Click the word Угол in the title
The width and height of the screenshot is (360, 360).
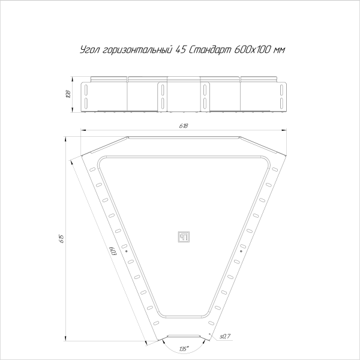click(x=89, y=50)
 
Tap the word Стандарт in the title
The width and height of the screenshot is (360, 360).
click(x=209, y=50)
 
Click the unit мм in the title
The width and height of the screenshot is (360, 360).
click(x=278, y=50)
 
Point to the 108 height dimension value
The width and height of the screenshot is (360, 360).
click(x=68, y=94)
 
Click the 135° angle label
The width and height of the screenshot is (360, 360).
click(x=183, y=347)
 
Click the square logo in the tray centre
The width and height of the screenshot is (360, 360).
click(x=184, y=235)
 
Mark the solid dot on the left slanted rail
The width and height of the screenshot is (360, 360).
click(x=127, y=252)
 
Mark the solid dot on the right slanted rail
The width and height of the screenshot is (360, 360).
click(x=241, y=252)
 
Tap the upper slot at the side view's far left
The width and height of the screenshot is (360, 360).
click(x=87, y=89)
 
